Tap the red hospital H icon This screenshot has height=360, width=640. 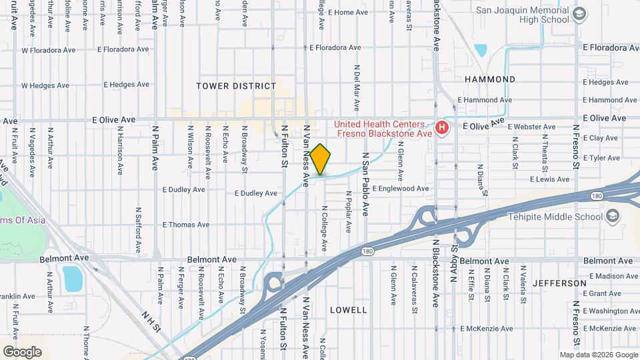[x=440, y=127]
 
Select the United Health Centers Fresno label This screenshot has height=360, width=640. [x=379, y=129]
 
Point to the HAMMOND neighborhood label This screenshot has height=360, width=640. [x=490, y=79]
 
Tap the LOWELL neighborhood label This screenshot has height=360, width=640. [x=348, y=310]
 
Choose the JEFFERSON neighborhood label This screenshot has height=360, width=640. [x=559, y=283]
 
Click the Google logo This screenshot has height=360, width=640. [x=22, y=351]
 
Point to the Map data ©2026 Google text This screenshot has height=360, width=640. [x=598, y=355]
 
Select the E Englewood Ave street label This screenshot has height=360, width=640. [x=400, y=189]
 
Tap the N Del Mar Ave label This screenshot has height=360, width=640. [x=357, y=88]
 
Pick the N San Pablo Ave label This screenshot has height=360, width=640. [x=365, y=183]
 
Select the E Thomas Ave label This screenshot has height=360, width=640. [x=185, y=225]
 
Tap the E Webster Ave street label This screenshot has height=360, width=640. [x=531, y=127]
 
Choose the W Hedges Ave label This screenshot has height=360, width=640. [x=45, y=85]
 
